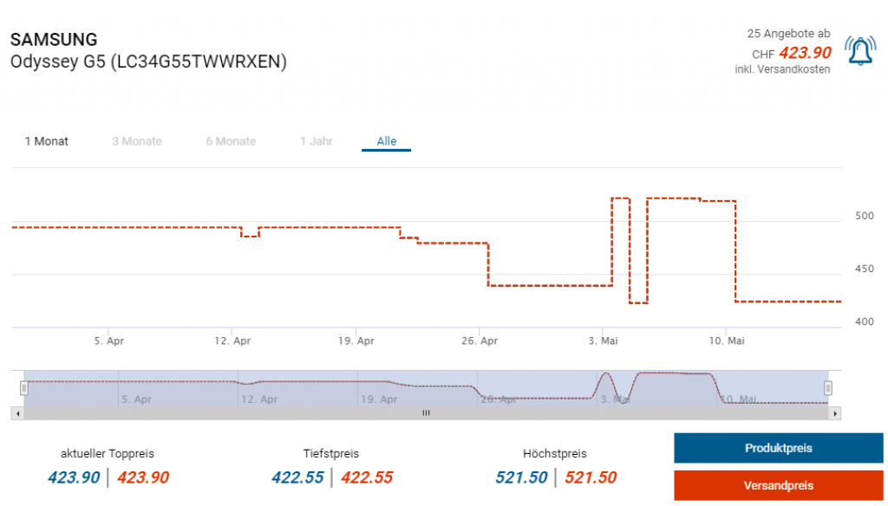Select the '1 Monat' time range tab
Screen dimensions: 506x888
47,141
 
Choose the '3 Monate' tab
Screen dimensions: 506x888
137,141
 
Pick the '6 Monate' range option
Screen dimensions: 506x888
231,141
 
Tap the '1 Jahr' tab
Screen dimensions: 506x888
317,141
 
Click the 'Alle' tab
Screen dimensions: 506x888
387,141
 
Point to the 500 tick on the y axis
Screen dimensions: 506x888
865,216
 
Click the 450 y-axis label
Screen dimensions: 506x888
865,269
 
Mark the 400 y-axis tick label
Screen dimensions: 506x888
865,321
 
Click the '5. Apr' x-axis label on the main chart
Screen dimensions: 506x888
109,341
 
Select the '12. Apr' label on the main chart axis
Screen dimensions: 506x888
232,341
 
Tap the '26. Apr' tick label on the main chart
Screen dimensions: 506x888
480,341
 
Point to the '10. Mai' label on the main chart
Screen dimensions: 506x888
727,341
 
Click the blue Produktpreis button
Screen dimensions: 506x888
778,448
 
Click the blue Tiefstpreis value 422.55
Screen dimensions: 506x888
297,477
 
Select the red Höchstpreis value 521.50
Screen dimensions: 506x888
591,477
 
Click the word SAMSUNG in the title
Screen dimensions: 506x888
54,40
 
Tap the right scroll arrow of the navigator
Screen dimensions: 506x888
836,413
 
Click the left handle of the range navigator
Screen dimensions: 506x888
24,388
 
